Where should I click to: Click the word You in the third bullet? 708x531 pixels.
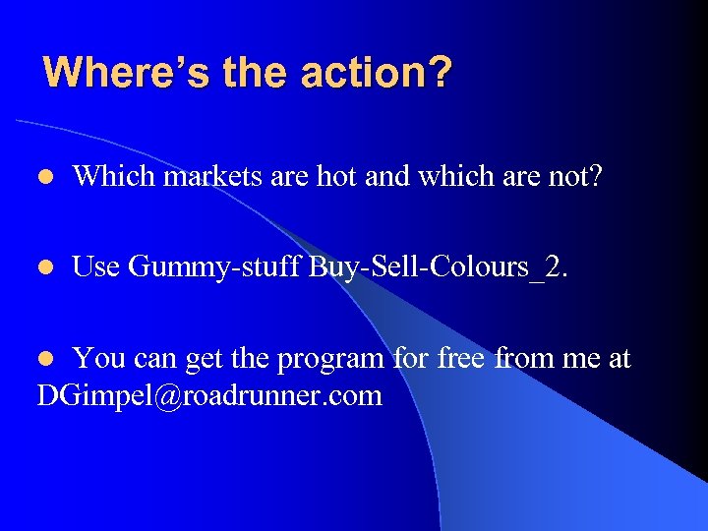point(98,358)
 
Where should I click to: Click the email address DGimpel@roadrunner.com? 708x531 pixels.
point(209,396)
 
